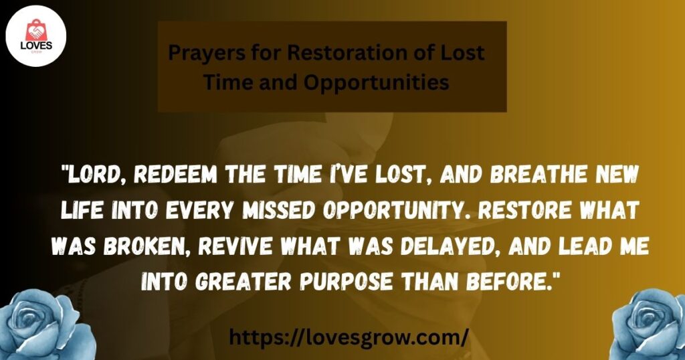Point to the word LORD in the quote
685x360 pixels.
click(99, 175)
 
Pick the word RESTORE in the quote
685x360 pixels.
click(524, 211)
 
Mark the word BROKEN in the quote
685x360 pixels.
click(149, 247)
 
